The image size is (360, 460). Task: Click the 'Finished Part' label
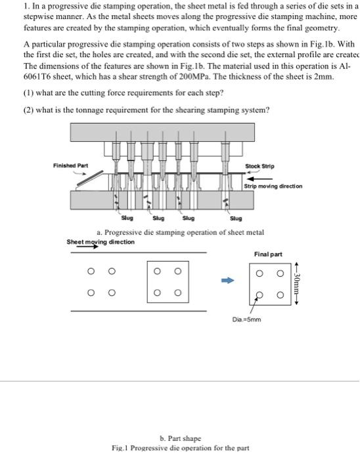point(70,165)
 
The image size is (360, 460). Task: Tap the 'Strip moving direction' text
point(274,186)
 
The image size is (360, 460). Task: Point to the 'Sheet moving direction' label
point(101,242)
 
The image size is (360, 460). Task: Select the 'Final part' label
point(267,253)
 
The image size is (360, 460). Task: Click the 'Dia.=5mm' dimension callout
point(246,319)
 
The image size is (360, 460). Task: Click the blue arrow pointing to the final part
point(227,281)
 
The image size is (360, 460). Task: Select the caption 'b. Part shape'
point(181,438)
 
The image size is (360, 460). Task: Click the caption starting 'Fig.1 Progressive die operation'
point(181,448)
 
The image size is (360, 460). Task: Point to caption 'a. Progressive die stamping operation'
point(180,232)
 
